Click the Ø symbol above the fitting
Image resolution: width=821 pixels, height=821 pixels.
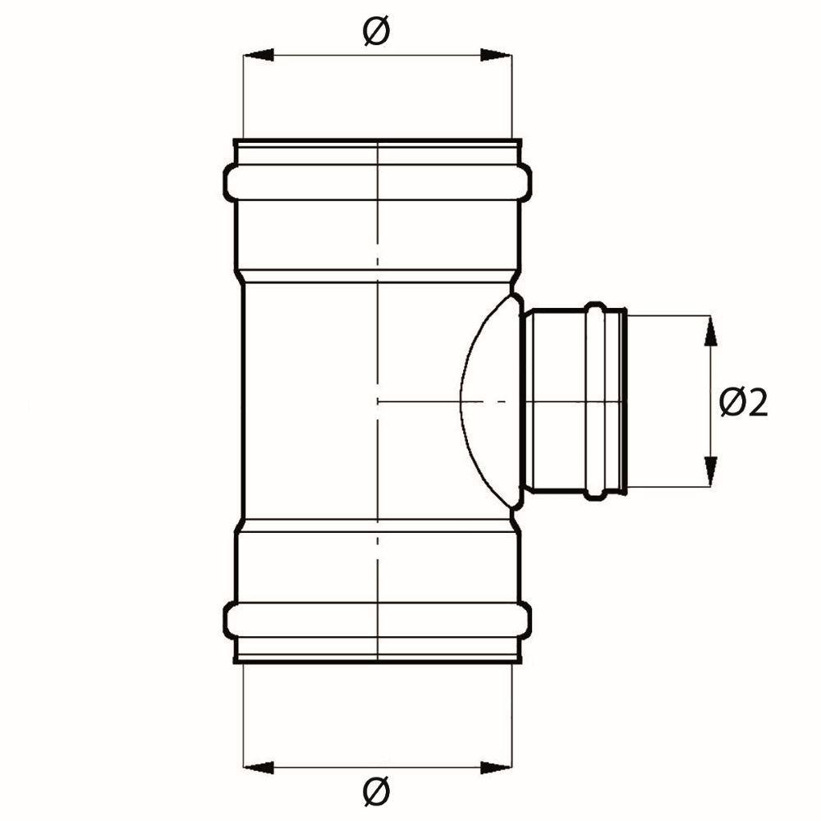pos(377,31)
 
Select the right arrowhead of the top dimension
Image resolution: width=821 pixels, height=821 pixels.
pos(495,55)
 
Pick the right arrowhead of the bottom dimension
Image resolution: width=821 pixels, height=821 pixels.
pos(495,768)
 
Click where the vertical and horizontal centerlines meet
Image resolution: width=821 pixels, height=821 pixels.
pos(377,401)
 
